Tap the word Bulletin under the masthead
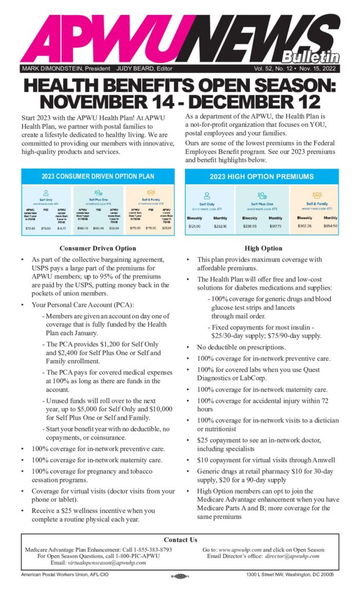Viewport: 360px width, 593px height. (x=311, y=57)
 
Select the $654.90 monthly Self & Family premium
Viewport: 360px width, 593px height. (x=330, y=226)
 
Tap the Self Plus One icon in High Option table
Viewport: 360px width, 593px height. (x=262, y=196)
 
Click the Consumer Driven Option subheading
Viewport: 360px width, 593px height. (x=97, y=248)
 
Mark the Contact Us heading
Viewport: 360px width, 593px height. (x=180, y=540)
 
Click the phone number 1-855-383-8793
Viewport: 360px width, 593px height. (x=149, y=550)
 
